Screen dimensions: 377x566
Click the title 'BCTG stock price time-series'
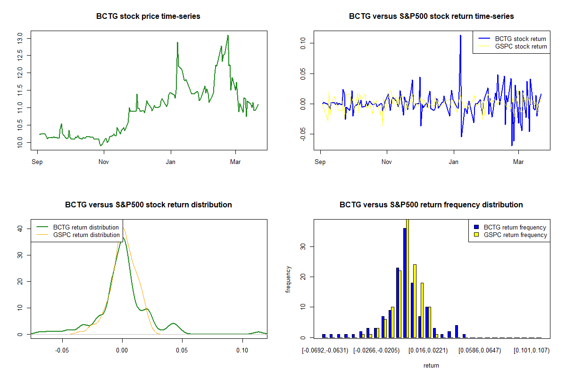[x=148, y=16]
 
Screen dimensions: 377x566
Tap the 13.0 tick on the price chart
[x=20, y=38]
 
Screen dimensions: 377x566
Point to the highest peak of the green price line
[x=228, y=35]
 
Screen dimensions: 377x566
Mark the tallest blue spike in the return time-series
[x=460, y=35]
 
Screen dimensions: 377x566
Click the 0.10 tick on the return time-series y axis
[x=303, y=43]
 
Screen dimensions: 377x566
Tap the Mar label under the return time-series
[x=518, y=162]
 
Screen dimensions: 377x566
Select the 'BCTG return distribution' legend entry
[x=86, y=227]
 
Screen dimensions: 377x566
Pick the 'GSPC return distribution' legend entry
[x=86, y=235]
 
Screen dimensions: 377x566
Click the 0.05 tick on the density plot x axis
[x=182, y=351]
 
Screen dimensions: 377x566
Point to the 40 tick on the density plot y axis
[x=20, y=228]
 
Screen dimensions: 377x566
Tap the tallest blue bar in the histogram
[x=405, y=283]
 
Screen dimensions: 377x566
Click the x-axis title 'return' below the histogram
[x=431, y=365]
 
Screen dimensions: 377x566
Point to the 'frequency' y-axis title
[x=288, y=279]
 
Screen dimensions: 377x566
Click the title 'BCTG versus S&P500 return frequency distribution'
[x=431, y=205]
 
